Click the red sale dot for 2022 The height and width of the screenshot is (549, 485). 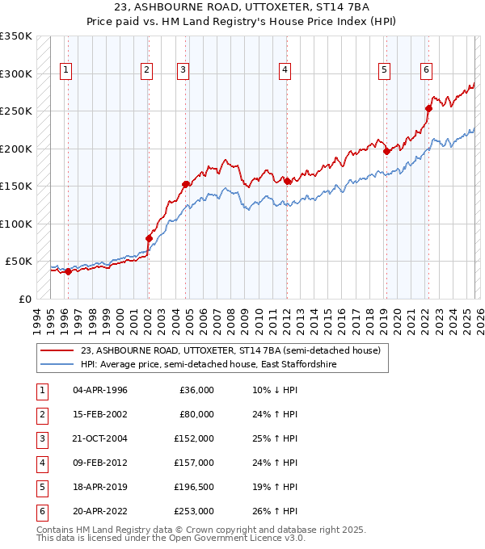(x=428, y=108)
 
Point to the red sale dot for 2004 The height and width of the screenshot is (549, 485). (x=186, y=184)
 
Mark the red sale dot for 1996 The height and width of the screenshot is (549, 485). (x=68, y=271)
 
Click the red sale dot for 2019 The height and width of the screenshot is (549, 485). (x=387, y=151)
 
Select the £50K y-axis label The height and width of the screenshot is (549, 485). (x=19, y=262)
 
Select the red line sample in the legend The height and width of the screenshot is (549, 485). (x=57, y=350)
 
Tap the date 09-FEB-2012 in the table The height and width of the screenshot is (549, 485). (x=100, y=462)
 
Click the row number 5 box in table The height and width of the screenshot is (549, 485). (x=41, y=486)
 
